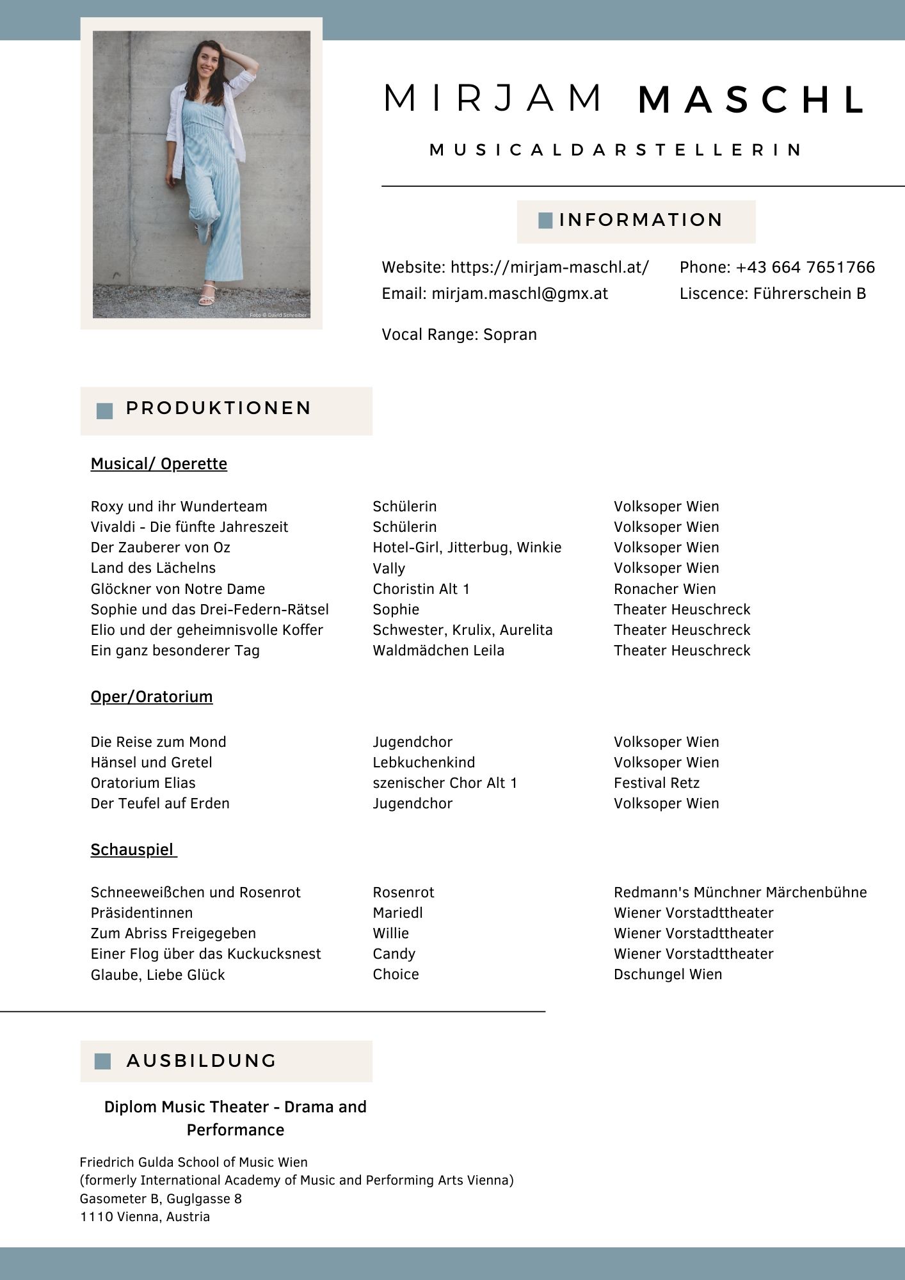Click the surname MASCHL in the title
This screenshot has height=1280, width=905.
(752, 100)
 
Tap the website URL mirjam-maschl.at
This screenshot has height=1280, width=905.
(549, 268)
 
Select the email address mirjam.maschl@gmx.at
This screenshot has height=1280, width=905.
(520, 294)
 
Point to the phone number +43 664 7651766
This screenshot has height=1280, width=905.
(805, 268)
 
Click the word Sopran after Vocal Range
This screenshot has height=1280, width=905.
(510, 335)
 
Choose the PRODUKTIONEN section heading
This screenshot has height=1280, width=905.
(218, 408)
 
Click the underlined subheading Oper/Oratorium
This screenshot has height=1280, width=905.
(152, 696)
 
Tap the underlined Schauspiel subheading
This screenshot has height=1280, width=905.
(132, 850)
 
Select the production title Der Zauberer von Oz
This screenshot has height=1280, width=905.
(161, 548)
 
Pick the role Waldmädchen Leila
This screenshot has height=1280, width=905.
(438, 651)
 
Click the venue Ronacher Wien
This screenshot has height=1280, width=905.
(664, 589)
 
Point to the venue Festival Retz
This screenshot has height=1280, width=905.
(657, 783)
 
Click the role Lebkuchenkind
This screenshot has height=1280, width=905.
(424, 762)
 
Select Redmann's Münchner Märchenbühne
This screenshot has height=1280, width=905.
(740, 892)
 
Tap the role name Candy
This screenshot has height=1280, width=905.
(394, 954)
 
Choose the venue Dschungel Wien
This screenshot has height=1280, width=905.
(668, 974)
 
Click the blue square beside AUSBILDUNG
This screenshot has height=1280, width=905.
(102, 1061)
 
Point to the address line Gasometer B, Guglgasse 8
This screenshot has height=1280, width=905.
(161, 1199)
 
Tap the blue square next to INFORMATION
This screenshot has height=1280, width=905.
(545, 221)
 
